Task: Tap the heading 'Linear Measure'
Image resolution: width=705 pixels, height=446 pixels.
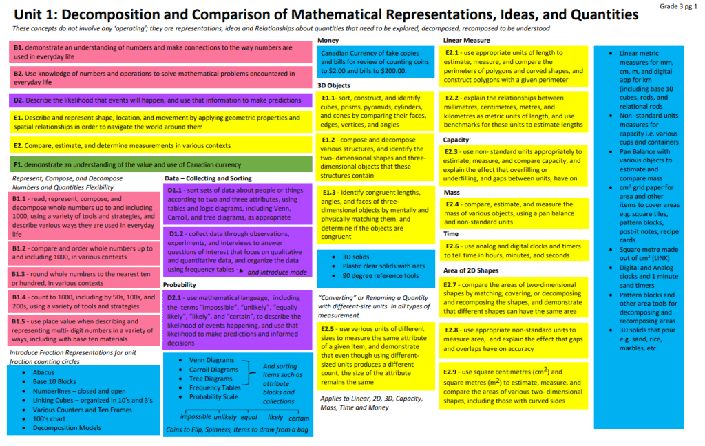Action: pos(467,41)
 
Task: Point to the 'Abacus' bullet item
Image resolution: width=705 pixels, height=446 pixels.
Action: pos(43,372)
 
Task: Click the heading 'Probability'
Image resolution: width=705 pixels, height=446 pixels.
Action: pos(180,284)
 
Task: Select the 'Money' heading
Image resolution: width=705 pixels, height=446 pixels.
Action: pos(328,41)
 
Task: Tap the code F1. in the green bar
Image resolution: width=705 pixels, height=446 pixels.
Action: pos(19,165)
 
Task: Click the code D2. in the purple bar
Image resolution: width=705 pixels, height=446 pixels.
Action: pos(19,100)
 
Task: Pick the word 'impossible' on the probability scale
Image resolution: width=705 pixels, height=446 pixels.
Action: pos(196,418)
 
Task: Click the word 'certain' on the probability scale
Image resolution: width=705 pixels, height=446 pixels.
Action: pos(299,418)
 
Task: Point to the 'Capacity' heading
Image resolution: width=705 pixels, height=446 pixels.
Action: pos(456,140)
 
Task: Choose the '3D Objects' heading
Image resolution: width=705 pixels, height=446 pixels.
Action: pos(335,85)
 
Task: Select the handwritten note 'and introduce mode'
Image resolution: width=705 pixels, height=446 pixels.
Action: pos(277,273)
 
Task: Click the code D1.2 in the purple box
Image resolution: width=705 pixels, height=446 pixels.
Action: pos(180,233)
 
